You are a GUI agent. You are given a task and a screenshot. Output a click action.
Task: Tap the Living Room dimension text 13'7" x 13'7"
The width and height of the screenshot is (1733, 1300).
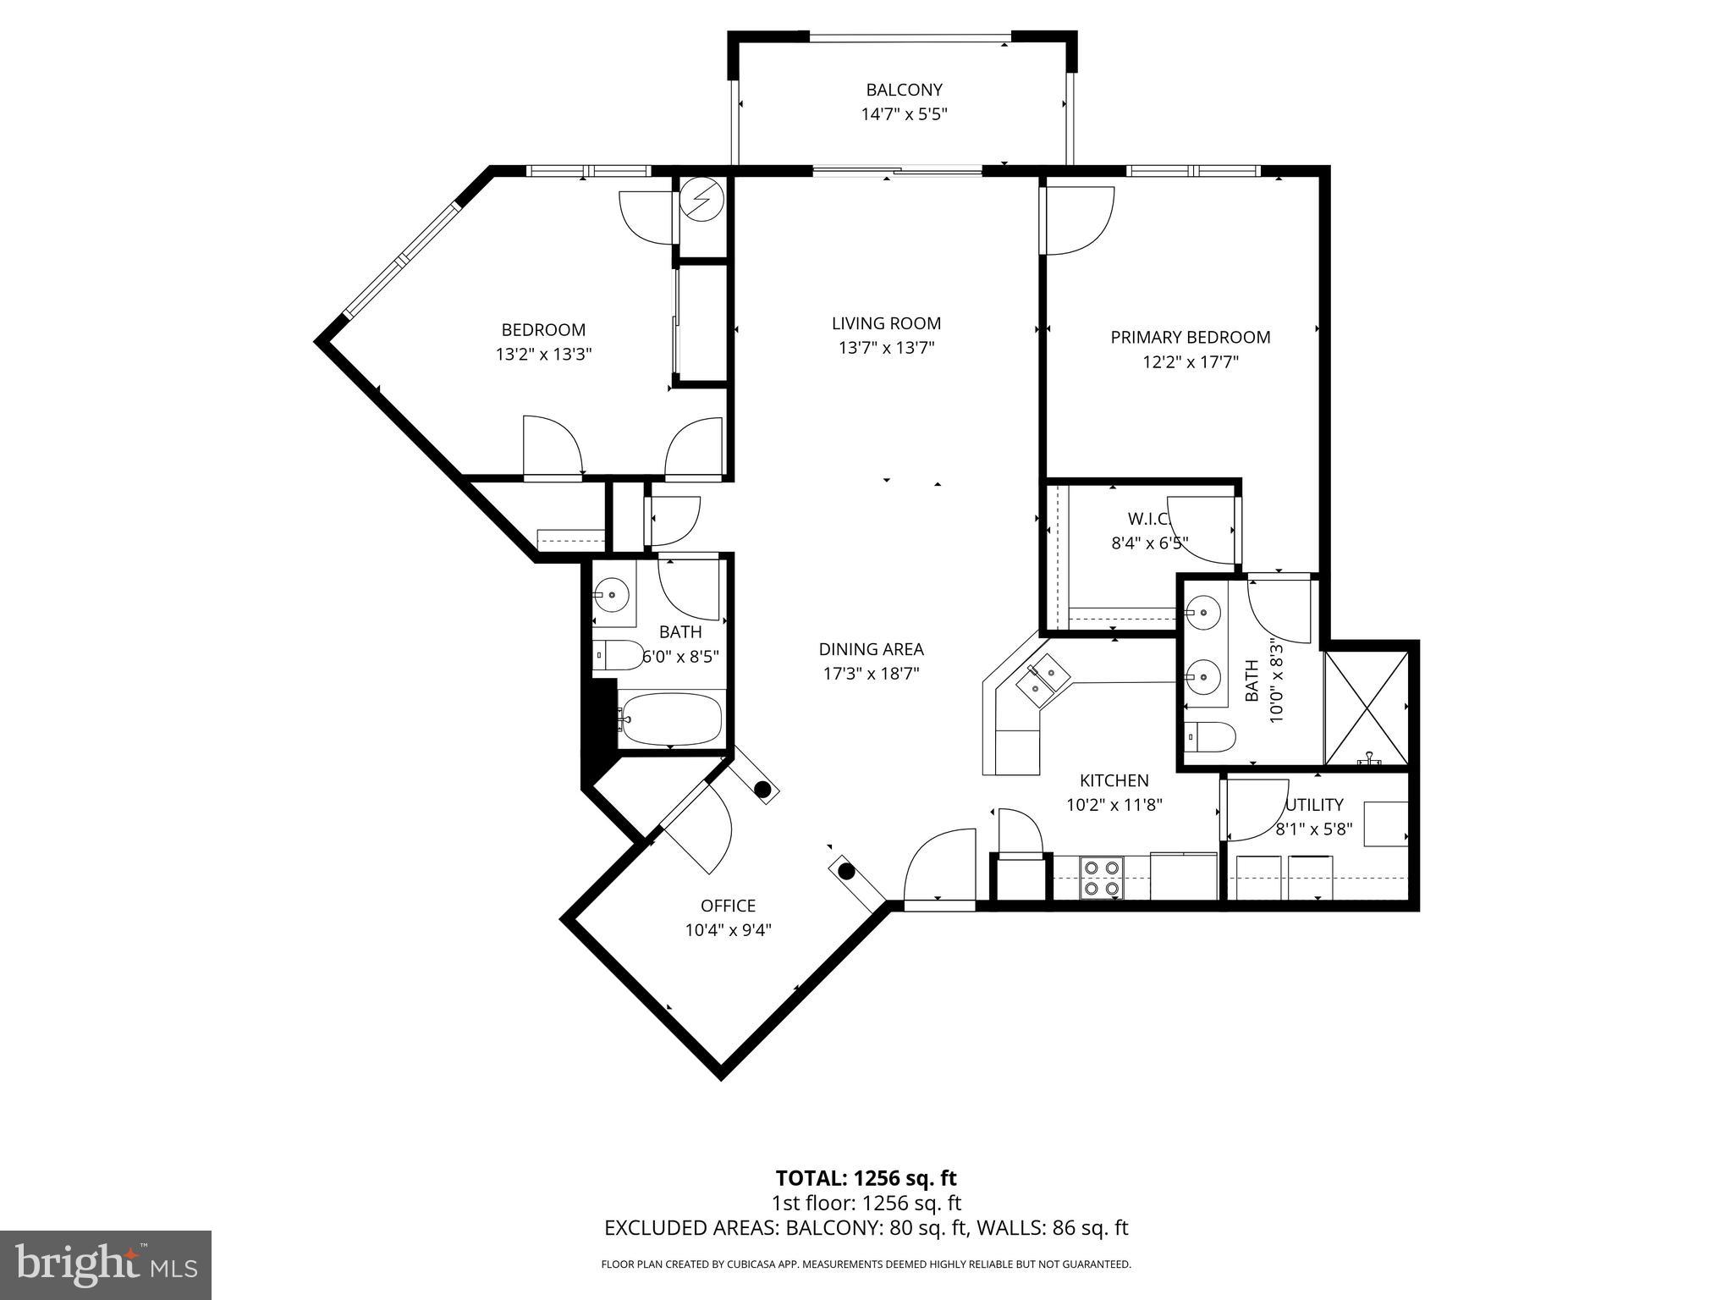(886, 348)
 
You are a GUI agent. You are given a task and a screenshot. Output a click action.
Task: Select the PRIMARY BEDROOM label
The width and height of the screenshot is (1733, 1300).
(1190, 337)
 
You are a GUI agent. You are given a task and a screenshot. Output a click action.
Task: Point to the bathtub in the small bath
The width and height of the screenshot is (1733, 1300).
(670, 719)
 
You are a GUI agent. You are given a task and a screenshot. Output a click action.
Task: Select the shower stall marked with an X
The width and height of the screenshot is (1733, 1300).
(1367, 708)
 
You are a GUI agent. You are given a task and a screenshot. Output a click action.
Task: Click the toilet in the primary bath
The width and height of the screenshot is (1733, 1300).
(1208, 736)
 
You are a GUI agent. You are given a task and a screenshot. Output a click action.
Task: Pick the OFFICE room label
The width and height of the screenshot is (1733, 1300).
(728, 906)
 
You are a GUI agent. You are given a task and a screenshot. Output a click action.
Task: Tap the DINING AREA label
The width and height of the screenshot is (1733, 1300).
(871, 649)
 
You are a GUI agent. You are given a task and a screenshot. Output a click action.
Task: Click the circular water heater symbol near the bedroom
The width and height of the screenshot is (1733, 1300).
(701, 200)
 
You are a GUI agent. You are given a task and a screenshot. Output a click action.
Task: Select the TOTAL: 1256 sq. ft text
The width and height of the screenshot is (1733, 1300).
(866, 1178)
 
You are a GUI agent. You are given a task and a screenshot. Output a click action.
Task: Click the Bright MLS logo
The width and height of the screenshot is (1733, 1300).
(105, 1264)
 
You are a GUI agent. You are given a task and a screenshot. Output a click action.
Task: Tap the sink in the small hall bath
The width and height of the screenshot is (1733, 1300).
(610, 594)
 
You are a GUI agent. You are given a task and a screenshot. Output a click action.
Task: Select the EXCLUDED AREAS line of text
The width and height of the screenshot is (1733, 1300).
(866, 1227)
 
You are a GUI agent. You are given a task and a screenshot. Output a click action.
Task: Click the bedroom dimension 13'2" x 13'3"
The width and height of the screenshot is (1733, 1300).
(543, 355)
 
